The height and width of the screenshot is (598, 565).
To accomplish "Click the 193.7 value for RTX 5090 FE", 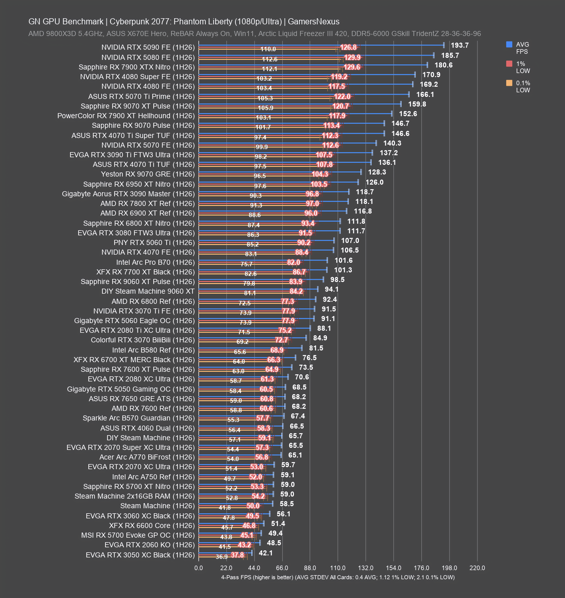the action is tap(460, 45).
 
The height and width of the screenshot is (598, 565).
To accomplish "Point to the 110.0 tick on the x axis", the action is tap(338, 568).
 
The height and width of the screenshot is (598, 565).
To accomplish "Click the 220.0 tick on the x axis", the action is tap(477, 568).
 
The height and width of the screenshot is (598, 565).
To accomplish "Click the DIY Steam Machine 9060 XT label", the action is tap(148, 291).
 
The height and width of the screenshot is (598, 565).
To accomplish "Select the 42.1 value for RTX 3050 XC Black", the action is tap(266, 553).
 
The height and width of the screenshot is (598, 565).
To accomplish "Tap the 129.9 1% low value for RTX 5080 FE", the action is tap(352, 57).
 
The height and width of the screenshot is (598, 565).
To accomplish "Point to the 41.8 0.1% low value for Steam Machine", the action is tap(225, 507).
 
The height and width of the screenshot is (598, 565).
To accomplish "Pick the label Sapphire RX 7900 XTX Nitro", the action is tap(137, 67).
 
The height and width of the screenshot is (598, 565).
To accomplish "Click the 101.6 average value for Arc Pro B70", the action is tap(343, 260).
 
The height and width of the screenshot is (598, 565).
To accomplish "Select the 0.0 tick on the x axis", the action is tap(198, 568).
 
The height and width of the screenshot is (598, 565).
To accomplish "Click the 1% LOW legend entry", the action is tap(518, 67).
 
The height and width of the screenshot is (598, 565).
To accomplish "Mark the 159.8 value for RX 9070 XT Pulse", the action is tap(417, 104).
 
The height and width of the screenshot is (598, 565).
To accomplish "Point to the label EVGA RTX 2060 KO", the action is tap(150, 545).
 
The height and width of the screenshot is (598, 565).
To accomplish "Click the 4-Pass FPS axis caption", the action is tap(338, 577).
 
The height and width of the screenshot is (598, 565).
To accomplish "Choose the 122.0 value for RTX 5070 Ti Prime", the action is tap(342, 96).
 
